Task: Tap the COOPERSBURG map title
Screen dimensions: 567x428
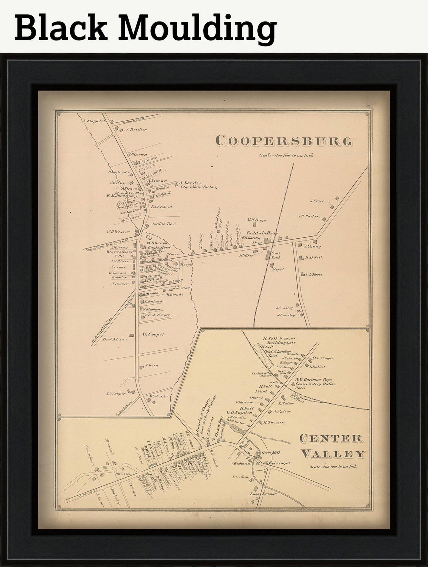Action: click(284, 141)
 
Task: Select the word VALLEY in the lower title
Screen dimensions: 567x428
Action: click(333, 454)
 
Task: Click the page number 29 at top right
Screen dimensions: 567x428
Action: click(368, 106)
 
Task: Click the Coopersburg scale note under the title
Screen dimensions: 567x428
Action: click(286, 155)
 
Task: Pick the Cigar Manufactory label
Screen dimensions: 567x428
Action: click(199, 187)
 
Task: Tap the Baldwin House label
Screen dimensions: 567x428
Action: click(261, 233)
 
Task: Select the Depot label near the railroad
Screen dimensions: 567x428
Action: click(278, 269)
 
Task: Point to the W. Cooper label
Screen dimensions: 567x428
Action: click(154, 334)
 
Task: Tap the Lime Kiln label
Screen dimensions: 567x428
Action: click(239, 476)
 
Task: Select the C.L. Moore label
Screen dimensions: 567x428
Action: click(314, 274)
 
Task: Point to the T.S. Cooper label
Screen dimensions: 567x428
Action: click(116, 394)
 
